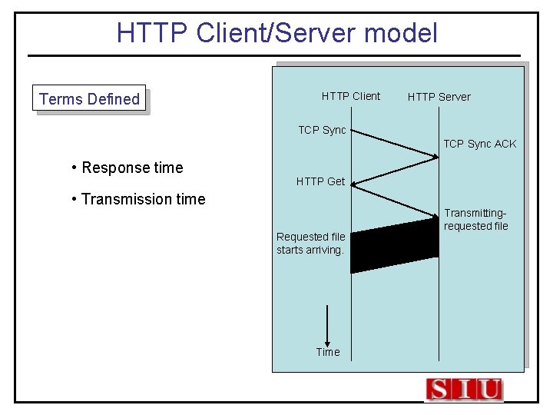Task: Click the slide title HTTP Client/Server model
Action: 276,33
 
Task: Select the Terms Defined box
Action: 89,98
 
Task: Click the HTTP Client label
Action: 350,96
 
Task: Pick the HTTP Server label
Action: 439,97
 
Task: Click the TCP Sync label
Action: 322,130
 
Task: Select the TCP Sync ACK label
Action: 479,144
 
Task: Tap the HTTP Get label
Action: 320,181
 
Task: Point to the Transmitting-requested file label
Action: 475,220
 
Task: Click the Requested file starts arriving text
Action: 310,243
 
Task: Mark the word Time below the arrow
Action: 327,352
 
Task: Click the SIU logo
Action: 464,390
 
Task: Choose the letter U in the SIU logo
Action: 488,390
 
